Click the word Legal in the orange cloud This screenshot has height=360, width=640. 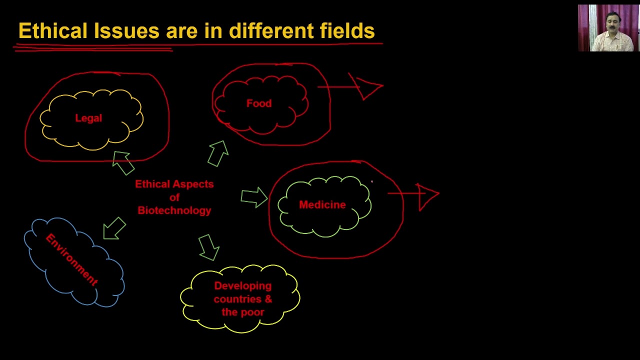tap(88, 118)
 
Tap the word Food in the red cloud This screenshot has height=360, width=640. tap(259, 103)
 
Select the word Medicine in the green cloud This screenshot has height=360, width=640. tap(322, 205)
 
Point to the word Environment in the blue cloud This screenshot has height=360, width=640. tap(71, 259)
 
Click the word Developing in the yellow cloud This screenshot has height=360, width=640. tap(242, 286)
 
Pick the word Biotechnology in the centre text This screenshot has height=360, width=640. tap(174, 210)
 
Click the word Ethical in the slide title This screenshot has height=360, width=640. tap(52, 31)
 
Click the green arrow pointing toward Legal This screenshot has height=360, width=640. tap(122, 162)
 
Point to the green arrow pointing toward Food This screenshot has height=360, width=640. tap(218, 153)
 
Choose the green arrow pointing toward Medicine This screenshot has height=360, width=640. tap(254, 197)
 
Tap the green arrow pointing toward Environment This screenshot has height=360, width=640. tap(114, 228)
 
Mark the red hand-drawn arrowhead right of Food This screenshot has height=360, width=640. tap(369, 87)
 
